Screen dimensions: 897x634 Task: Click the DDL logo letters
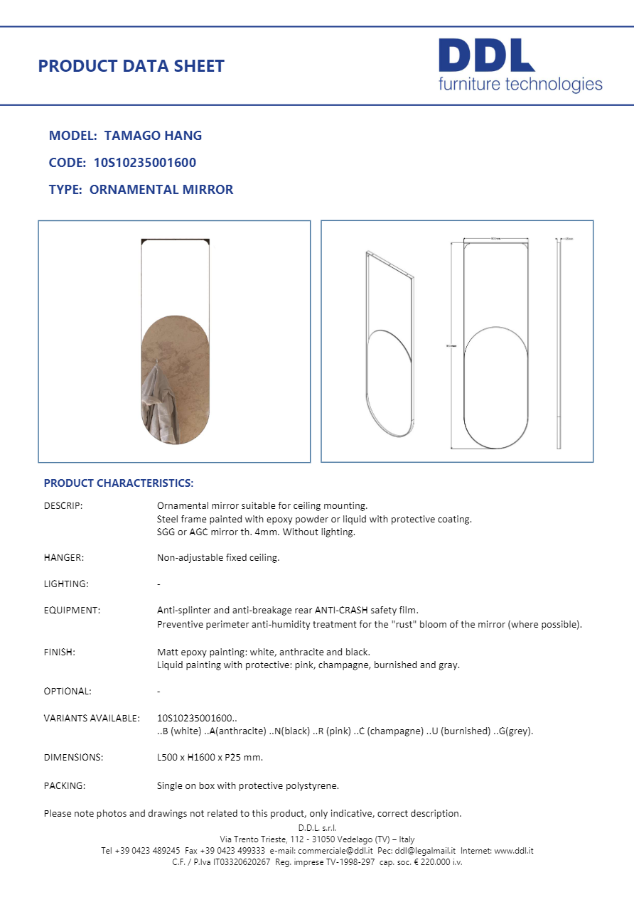[486, 55]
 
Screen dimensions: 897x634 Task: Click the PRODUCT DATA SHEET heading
[131, 66]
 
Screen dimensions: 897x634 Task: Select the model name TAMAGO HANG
[153, 135]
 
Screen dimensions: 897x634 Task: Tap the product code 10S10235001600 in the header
[144, 162]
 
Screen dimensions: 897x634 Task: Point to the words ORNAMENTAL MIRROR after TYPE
[161, 190]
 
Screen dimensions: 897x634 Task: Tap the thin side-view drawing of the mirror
[559, 345]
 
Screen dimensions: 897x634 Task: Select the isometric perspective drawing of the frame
[389, 345]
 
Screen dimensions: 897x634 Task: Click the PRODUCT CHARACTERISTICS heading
[118, 483]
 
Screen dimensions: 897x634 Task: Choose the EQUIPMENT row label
[72, 611]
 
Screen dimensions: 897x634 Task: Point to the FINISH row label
[60, 652]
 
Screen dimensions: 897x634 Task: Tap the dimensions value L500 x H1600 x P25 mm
[210, 757]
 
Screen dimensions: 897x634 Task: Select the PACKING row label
[65, 786]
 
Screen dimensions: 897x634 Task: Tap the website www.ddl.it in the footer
[514, 851]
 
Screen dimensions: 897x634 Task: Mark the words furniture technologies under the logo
[520, 85]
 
